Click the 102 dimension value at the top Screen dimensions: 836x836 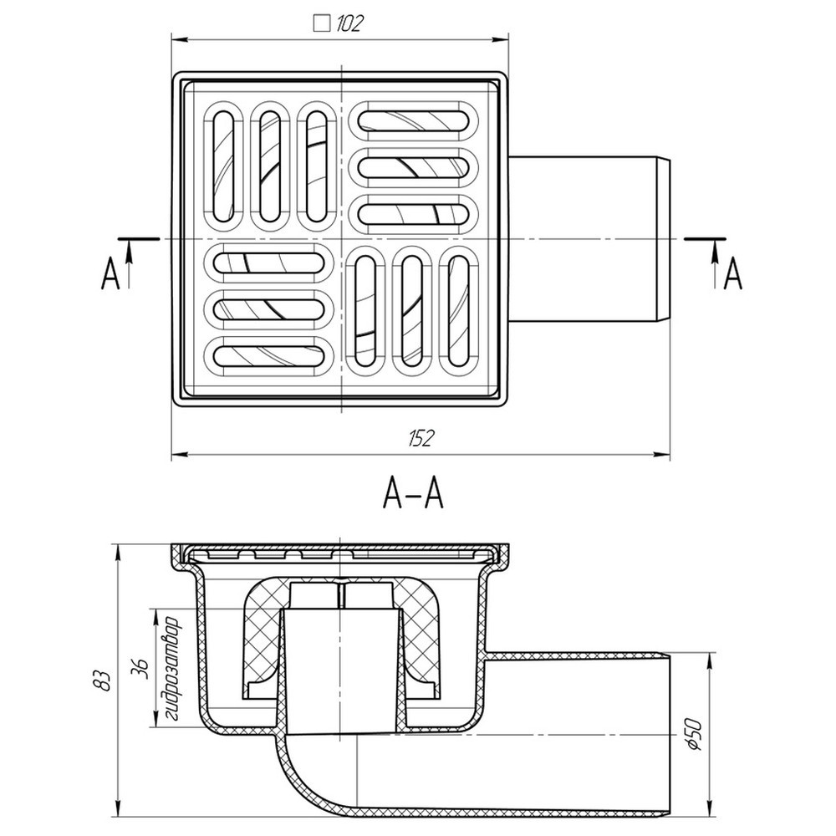349,24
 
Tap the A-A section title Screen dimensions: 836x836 412,496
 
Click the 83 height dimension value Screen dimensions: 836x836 104,681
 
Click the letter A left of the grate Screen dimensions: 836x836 110,275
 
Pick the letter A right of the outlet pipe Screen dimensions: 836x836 732,273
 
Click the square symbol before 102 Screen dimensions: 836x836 320,23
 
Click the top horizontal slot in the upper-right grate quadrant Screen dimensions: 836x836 414,119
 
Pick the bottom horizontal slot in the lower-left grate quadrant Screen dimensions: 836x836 270,356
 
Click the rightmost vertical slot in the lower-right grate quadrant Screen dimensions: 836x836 457,310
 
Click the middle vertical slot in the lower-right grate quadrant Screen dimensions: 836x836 411,310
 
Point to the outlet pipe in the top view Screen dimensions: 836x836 589,239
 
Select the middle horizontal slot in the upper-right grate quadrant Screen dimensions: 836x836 414,165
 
